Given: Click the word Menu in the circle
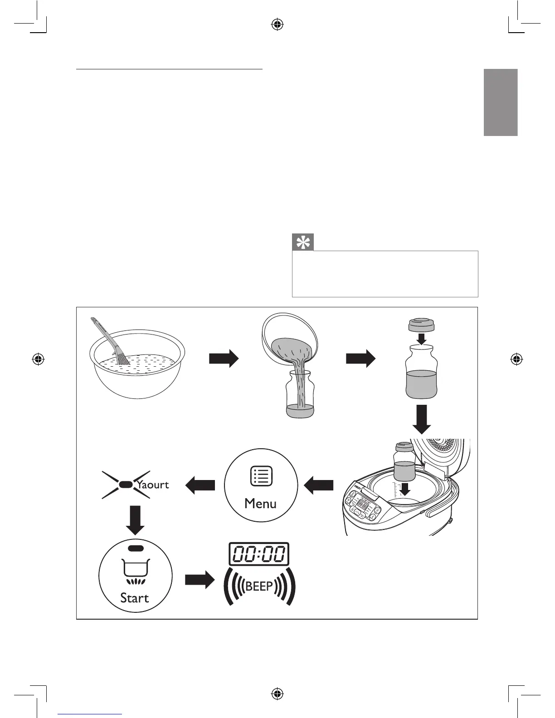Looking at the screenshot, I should [260, 504].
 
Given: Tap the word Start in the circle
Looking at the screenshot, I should [135, 598].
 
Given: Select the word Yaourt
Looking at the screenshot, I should [153, 485].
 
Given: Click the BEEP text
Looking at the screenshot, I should [259, 587].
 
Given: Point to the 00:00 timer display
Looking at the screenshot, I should [259, 554].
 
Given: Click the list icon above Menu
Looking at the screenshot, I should [261, 476].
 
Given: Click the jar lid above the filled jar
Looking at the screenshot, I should [421, 325].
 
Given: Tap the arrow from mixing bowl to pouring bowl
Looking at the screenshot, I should [224, 359].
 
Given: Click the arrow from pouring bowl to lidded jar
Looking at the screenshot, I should [360, 359].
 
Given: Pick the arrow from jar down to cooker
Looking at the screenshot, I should [421, 420].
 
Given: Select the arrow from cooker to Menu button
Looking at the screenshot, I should [318, 486].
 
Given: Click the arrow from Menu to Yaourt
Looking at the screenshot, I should [200, 486].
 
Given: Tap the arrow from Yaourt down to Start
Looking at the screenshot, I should [135, 519].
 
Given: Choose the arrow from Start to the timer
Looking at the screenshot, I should [200, 579].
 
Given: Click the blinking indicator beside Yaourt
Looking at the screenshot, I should [126, 485].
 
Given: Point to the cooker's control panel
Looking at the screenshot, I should [365, 505].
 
